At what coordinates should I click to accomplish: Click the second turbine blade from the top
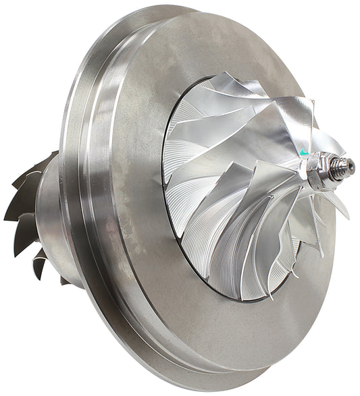point(30,182)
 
